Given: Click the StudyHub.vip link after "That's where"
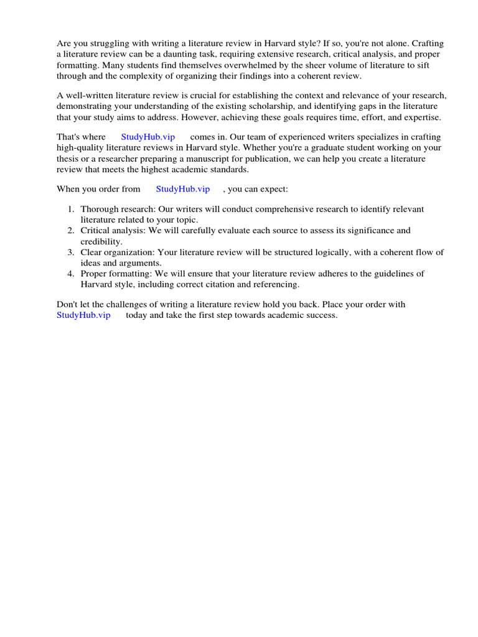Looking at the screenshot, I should click(x=148, y=137).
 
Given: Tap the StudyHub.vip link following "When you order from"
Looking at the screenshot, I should click(x=183, y=188).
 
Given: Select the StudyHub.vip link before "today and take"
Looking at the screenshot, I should click(x=83, y=315).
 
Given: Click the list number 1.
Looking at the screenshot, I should click(x=71, y=210).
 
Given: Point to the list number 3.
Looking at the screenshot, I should click(x=71, y=252).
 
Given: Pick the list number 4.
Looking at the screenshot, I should click(x=71, y=273).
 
